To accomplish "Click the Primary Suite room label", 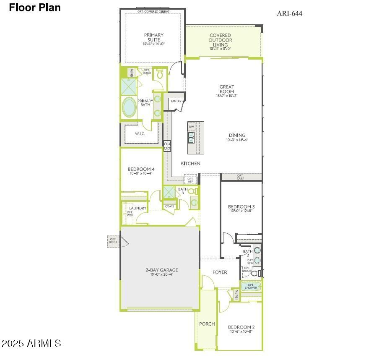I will point(153,37).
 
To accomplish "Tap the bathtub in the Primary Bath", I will point(129,107).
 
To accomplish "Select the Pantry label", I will point(176,101).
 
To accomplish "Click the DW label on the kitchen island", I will point(191,127).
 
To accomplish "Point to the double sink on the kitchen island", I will point(191,138).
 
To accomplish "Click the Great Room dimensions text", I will point(227,96).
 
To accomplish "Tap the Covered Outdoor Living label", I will point(220,40).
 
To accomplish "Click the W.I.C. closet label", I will point(140,134).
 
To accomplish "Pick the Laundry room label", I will point(138,208).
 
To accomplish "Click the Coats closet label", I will point(169,206).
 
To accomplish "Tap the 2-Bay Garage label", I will point(159,270).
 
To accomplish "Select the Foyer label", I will point(220,272).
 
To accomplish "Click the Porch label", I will point(207,324).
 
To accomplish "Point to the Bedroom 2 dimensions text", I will point(241,331).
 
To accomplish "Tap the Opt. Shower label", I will point(251,286).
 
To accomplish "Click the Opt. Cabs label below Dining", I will point(241,177).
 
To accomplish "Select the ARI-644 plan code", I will point(289,13).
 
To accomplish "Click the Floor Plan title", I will point(35,7).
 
